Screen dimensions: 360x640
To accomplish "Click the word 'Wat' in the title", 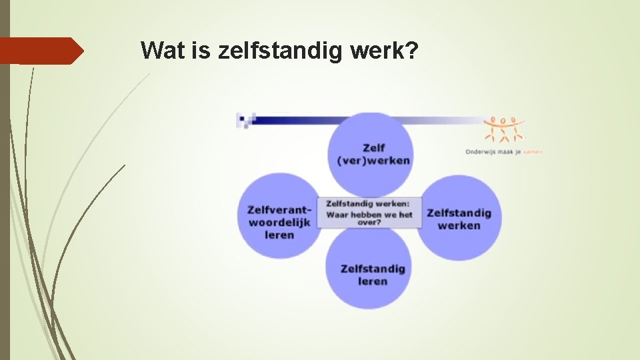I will (x=158, y=50).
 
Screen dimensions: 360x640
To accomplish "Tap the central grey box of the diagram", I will (x=369, y=213).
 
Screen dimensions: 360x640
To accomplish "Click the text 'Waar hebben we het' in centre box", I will (x=369, y=215).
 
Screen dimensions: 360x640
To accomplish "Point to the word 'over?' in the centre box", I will (x=369, y=223).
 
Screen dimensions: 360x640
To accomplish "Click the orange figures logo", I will (x=504, y=129).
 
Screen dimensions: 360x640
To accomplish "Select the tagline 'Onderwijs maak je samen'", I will (x=503, y=152).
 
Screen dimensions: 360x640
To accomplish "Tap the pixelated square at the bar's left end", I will (x=245, y=120).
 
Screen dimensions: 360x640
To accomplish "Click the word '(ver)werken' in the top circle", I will (x=373, y=161).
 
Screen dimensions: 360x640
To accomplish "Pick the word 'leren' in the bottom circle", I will (x=372, y=281).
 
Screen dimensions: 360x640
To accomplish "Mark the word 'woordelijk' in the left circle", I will (x=279, y=223).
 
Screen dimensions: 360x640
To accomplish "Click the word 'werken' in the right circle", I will (x=459, y=225).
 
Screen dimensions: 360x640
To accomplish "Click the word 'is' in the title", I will (x=201, y=50).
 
